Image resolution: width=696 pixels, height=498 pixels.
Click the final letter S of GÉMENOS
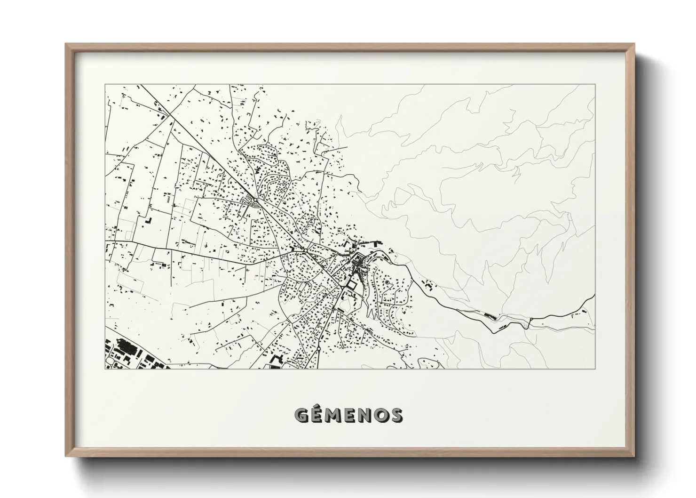point(395,415)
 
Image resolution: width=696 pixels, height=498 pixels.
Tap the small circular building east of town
point(387,282)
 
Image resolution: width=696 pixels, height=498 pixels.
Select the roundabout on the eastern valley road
point(530,320)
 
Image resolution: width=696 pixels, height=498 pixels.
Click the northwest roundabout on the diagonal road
point(254,200)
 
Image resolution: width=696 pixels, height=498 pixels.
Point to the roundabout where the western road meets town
point(304,250)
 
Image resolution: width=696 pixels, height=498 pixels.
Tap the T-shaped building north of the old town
point(351,244)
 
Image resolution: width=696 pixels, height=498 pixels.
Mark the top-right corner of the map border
point(595,85)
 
